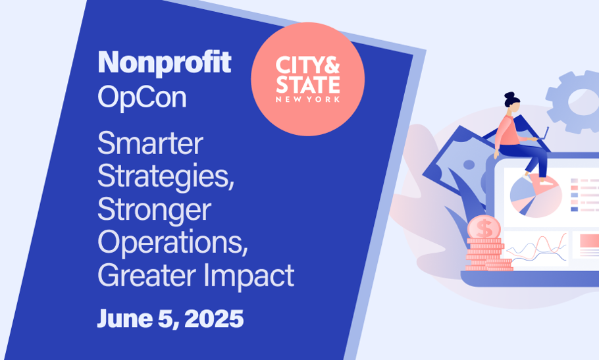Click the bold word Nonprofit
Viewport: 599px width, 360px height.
pyautogui.click(x=165, y=63)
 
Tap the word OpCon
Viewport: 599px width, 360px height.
pyautogui.click(x=142, y=97)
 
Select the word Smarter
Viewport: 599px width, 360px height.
pyautogui.click(x=150, y=143)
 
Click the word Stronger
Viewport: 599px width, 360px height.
pyautogui.click(x=154, y=210)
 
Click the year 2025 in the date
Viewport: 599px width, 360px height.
pyautogui.click(x=215, y=319)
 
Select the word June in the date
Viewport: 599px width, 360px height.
pyautogui.click(x=125, y=319)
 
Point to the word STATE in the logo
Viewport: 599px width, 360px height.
pyautogui.click(x=308, y=84)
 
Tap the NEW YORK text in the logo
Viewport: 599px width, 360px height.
pyautogui.click(x=308, y=99)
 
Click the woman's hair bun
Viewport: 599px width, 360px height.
pyautogui.click(x=509, y=95)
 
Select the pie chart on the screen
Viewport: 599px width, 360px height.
pyautogui.click(x=536, y=196)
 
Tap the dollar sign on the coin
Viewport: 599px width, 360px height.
pyautogui.click(x=484, y=228)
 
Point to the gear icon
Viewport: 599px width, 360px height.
pyautogui.click(x=572, y=101)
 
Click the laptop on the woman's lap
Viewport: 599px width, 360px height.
pyautogui.click(x=542, y=135)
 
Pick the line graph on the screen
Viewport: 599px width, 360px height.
pyautogui.click(x=536, y=247)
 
